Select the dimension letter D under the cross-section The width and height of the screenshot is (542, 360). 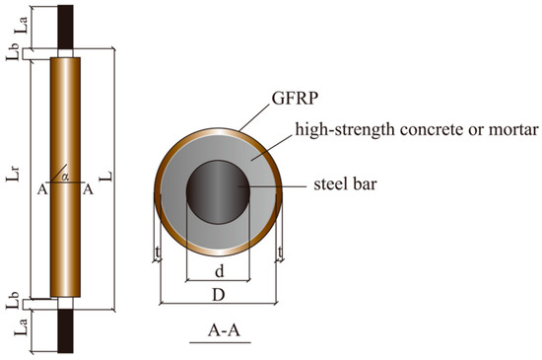pyautogui.click(x=218, y=293)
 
